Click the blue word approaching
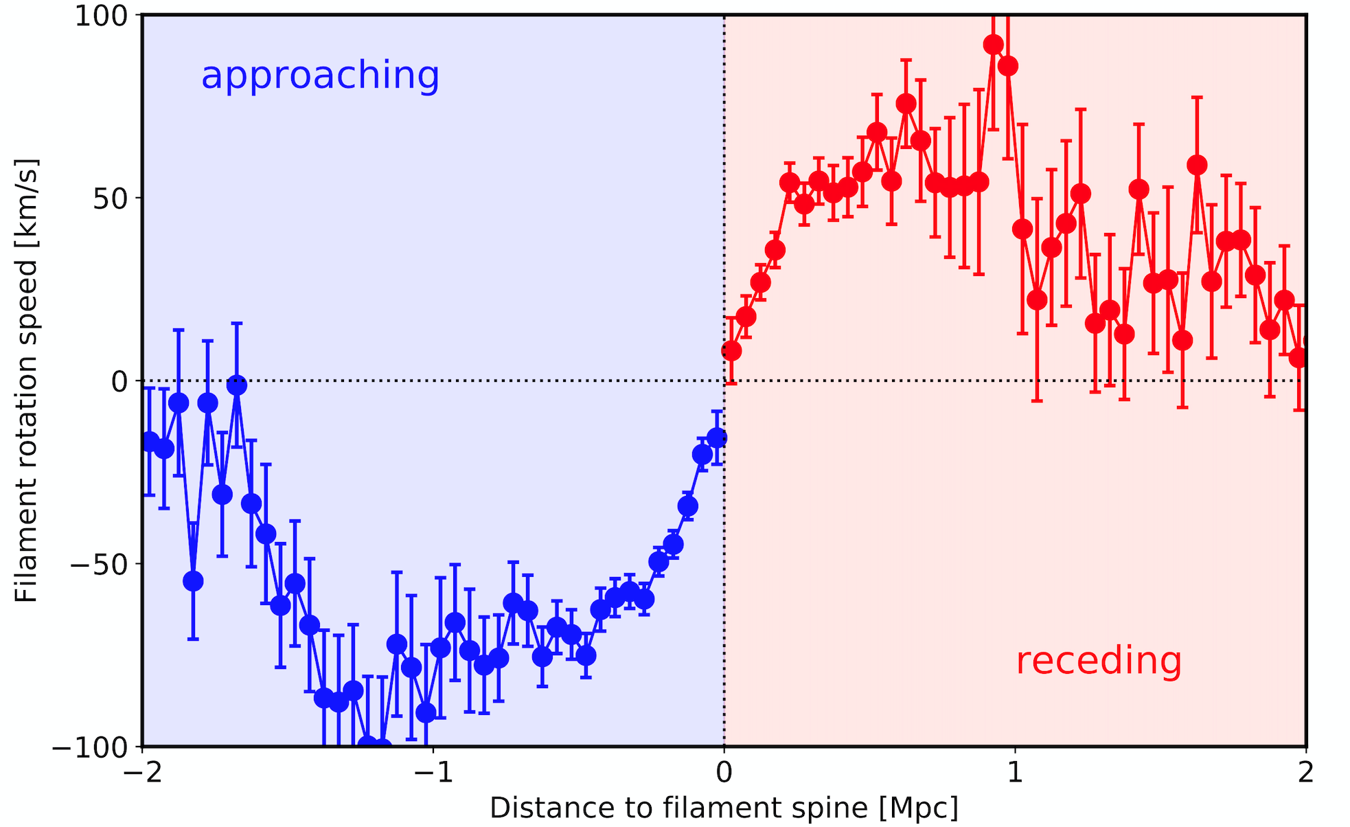coord(320,76)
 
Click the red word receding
coord(1099,661)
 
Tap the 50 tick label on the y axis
coord(111,198)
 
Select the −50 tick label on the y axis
coord(99,564)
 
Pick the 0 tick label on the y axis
coord(119,381)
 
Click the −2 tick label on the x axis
coord(142,773)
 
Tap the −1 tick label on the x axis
coord(433,773)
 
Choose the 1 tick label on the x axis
coord(1015,773)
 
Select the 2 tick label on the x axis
coord(1305,773)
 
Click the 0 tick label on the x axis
coord(724,773)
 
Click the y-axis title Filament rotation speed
coord(26,381)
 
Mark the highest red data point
coord(993,45)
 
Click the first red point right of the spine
coord(731,351)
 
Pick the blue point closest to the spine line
coord(717,438)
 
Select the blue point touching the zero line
coord(237,385)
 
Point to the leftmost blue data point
coord(150,442)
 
